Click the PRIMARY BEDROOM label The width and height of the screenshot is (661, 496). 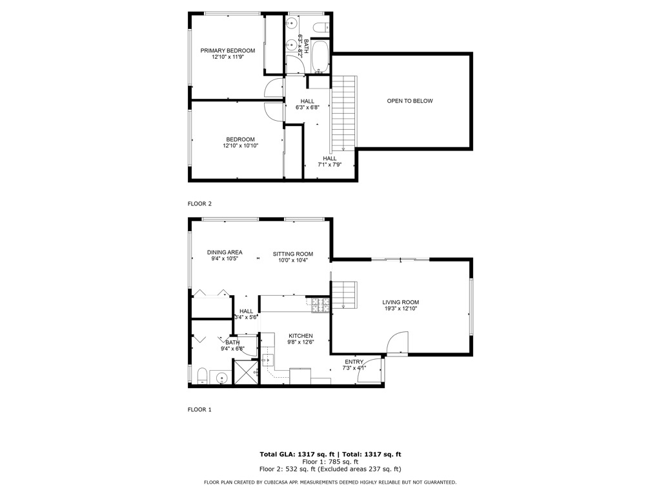227,50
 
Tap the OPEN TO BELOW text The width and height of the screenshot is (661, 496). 409,101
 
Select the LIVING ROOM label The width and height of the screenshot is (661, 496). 400,302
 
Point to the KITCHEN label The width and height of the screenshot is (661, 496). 301,336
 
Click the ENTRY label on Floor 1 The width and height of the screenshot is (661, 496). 354,362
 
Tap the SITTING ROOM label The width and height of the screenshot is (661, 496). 292,254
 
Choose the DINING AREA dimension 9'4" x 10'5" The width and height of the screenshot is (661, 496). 225,259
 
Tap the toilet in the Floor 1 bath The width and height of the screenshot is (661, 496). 201,376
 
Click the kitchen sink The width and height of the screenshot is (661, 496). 267,360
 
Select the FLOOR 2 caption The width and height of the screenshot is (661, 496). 199,203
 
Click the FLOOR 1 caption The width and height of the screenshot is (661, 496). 199,409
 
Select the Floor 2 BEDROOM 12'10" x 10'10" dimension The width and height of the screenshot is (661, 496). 239,146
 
